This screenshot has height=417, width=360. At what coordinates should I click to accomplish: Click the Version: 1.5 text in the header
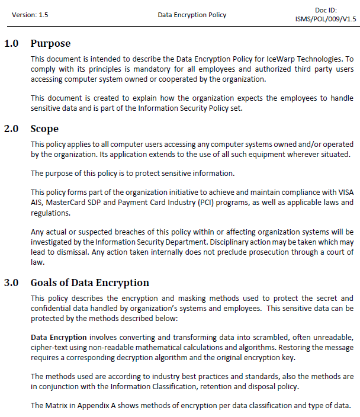(29, 15)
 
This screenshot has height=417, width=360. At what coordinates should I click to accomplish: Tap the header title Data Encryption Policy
(192, 15)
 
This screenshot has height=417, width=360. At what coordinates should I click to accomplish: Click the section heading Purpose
(50, 43)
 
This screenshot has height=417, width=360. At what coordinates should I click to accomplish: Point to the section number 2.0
(12, 129)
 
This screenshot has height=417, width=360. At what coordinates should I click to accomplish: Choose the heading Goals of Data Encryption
(90, 283)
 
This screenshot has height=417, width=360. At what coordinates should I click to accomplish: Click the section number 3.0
(12, 283)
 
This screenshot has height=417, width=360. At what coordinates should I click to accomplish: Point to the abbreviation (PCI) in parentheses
(197, 203)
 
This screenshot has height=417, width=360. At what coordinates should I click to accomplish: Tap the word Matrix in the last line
(56, 406)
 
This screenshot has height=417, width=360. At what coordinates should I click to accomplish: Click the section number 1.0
(12, 43)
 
